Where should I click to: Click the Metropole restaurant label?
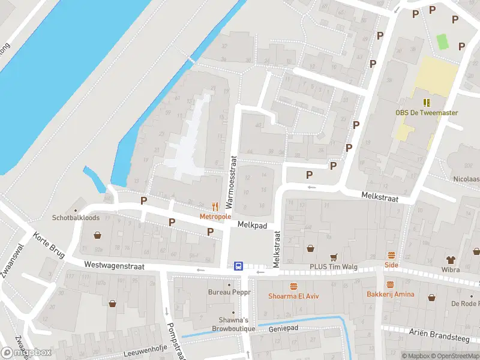point(215,216)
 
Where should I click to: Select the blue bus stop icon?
point(238,266)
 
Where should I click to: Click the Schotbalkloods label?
point(76,218)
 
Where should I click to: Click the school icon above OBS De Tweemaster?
point(427,103)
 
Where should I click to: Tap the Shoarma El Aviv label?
point(293,296)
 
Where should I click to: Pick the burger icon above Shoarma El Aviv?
point(293,286)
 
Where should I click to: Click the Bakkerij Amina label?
point(390,294)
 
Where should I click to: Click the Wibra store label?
point(451,269)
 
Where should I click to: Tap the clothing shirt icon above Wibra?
point(451,259)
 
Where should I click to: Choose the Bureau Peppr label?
point(229,292)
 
